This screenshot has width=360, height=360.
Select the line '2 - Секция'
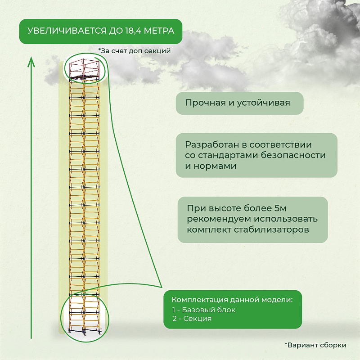(192, 319)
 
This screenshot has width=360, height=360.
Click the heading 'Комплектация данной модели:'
(232, 299)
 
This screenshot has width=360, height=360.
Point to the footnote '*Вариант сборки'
(315, 345)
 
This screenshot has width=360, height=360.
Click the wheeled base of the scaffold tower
(84, 331)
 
